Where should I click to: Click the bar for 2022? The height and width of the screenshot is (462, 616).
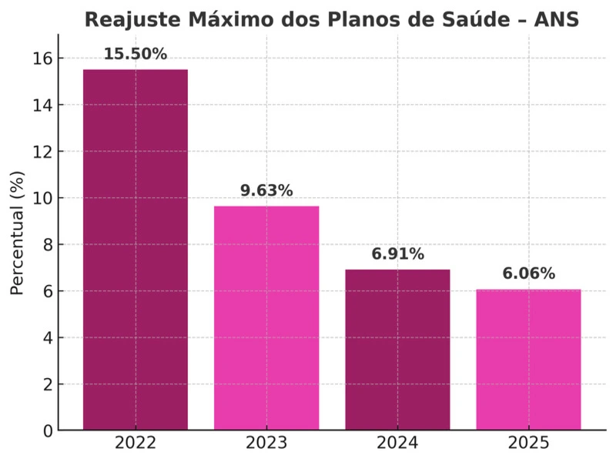tap(136, 249)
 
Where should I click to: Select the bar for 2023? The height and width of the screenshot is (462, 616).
tap(266, 317)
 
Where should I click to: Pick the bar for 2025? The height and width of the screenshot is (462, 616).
tap(528, 359)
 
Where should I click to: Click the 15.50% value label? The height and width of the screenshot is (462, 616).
tap(136, 54)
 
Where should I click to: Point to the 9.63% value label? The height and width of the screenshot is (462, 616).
tap(266, 190)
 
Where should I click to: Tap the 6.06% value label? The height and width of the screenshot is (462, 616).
tap(528, 273)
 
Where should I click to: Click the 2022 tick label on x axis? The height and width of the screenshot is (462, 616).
tap(136, 444)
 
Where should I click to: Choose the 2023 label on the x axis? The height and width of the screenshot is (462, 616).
tap(266, 444)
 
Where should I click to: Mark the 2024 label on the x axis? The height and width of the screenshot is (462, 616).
tap(397, 444)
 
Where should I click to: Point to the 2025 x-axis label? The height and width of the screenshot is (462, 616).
tap(528, 444)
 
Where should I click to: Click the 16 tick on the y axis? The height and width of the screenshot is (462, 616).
tap(42, 59)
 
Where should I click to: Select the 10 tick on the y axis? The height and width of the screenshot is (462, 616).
tap(42, 198)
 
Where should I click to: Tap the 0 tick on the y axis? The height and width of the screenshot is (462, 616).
tap(47, 430)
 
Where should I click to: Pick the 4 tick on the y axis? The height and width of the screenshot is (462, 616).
tap(47, 337)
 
